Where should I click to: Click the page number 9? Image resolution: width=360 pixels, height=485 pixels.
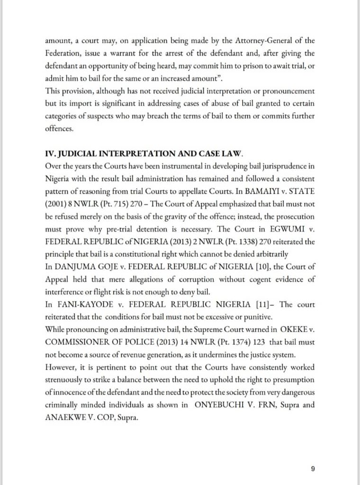(313, 469)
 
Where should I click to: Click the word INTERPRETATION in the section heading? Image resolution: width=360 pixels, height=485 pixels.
(126, 154)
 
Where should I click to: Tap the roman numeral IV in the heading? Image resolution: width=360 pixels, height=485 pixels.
(49, 154)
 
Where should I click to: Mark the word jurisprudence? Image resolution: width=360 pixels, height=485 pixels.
(264, 166)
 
